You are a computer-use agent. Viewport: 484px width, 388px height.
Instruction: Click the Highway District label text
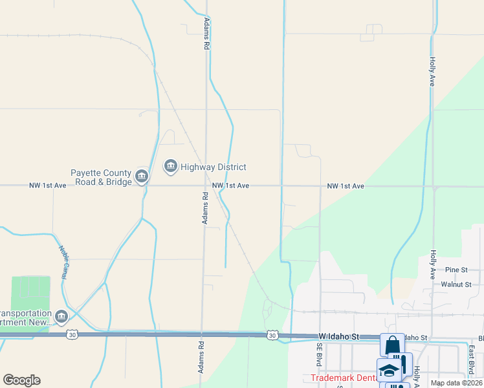click(213, 167)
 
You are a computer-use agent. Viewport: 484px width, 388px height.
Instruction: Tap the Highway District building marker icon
click(171, 167)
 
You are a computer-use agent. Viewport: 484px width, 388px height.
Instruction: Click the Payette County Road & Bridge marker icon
click(142, 176)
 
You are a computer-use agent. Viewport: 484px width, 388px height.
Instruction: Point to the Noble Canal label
click(64, 263)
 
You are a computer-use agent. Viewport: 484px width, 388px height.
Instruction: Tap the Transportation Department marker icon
click(61, 316)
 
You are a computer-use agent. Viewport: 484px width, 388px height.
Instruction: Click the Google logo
click(21, 380)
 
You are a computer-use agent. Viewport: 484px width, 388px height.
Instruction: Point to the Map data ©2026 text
click(456, 383)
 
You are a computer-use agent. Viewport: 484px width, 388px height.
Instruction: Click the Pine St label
click(456, 270)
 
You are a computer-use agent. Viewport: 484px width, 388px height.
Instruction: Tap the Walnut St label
click(456, 284)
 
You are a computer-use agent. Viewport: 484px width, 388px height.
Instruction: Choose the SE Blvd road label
click(319, 354)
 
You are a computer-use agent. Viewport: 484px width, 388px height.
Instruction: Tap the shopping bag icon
click(392, 345)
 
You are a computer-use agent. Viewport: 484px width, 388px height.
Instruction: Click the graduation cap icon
click(389, 371)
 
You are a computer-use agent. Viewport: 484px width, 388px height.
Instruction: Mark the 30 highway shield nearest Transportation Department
click(72, 334)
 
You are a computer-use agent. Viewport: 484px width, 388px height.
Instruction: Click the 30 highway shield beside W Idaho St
click(272, 335)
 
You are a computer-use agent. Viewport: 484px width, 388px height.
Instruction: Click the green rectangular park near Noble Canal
click(30, 296)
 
